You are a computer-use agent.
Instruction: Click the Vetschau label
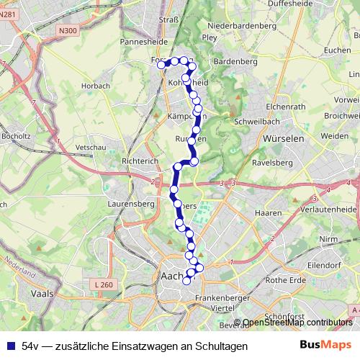(90, 146)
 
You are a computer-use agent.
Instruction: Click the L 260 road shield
(104, 285)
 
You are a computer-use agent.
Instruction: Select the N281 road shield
(8, 14)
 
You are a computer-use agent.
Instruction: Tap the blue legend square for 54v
(10, 346)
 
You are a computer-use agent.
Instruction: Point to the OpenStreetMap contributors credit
(297, 323)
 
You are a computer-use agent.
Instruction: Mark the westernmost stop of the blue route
(161, 65)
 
